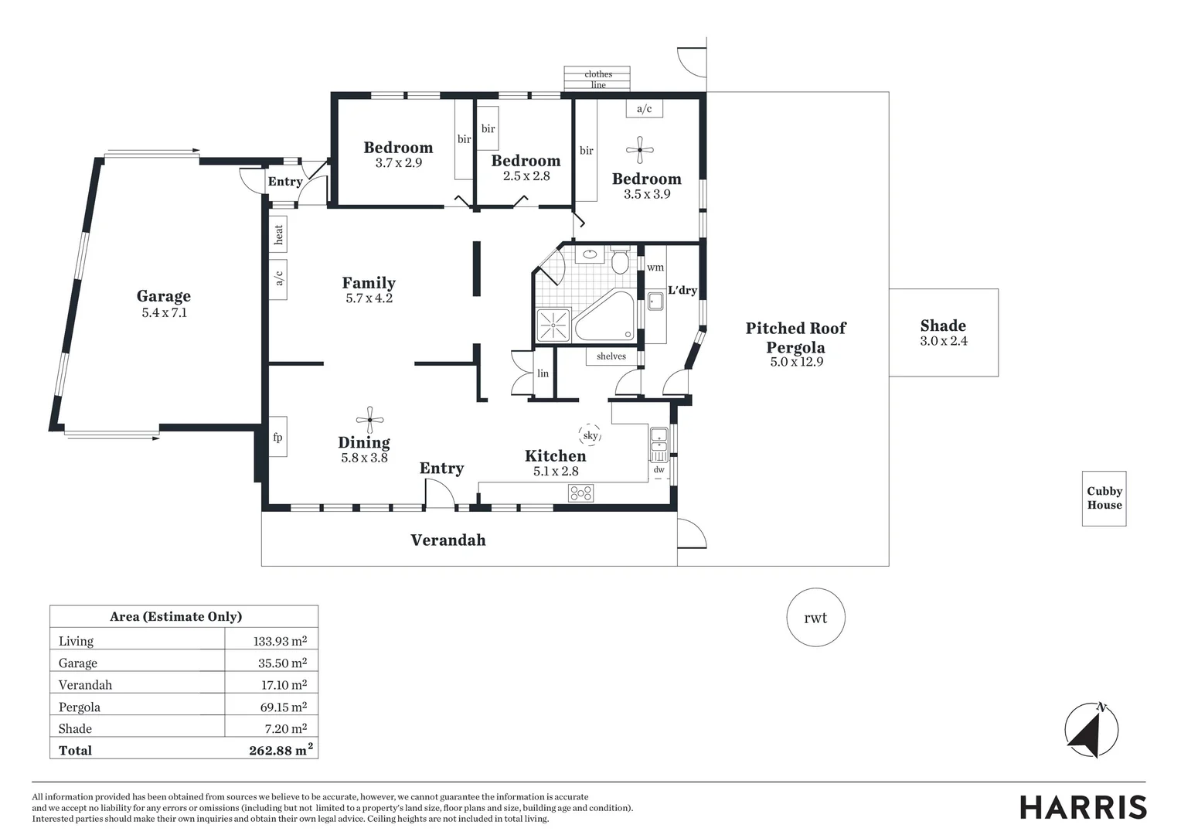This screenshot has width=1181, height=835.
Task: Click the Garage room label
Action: [163, 296]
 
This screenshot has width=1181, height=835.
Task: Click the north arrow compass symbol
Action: [1091, 730]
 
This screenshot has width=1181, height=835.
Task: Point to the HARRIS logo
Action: [1083, 807]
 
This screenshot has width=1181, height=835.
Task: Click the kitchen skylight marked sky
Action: [590, 435]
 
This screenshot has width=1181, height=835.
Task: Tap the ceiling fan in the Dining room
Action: [369, 420]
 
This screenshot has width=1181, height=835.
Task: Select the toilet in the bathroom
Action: [620, 260]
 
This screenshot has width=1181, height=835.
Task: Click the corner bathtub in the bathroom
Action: [605, 315]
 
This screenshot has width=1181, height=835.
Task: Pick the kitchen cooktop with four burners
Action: [580, 493]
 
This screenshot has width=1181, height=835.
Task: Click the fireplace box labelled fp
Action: [277, 437]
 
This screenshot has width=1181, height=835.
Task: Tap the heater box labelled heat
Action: [277, 234]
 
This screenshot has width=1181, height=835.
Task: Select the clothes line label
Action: [598, 79]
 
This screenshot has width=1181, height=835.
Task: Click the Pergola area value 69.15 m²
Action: [284, 707]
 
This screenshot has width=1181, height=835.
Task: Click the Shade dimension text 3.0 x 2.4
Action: [944, 341]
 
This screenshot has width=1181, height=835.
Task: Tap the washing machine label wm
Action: [655, 267]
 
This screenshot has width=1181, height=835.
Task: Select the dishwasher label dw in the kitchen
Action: [659, 469]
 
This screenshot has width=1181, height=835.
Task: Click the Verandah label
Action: [448, 540]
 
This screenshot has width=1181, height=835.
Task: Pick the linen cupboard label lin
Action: [543, 373]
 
